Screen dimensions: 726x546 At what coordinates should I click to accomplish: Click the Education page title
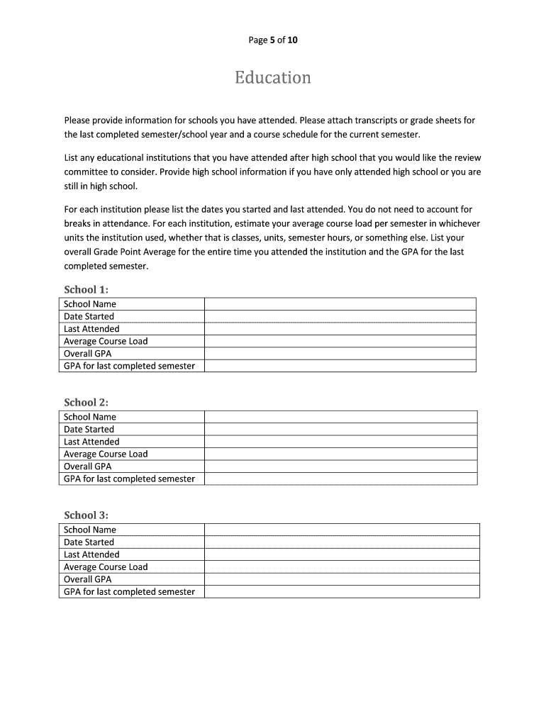point(273,77)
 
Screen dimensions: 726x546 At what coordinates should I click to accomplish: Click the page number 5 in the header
point(273,40)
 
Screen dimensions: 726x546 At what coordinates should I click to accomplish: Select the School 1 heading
point(87,289)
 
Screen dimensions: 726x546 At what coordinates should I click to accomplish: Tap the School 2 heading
point(87,402)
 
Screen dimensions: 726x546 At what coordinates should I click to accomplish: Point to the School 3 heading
point(87,515)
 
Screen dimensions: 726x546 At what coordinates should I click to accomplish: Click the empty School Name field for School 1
point(340,304)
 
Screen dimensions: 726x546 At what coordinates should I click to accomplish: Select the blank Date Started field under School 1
point(340,316)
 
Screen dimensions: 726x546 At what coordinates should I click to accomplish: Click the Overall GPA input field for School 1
point(340,354)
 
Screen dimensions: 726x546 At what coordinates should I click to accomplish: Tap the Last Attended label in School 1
point(91,329)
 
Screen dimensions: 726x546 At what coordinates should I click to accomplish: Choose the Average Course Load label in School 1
point(106,341)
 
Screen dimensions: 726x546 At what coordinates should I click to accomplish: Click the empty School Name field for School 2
point(340,417)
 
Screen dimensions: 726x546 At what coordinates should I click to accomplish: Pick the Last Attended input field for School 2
point(340,442)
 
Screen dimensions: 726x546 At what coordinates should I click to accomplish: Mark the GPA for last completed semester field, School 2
point(340,479)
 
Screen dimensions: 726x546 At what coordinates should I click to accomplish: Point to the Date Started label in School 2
point(89,429)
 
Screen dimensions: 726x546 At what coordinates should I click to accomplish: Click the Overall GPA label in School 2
point(87,467)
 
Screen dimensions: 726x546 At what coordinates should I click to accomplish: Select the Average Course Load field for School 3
point(342,567)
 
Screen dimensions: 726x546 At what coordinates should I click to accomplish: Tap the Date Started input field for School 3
point(342,542)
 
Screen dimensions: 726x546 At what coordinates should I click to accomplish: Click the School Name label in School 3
point(90,530)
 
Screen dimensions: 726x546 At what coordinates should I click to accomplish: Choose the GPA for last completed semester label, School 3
point(129,592)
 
